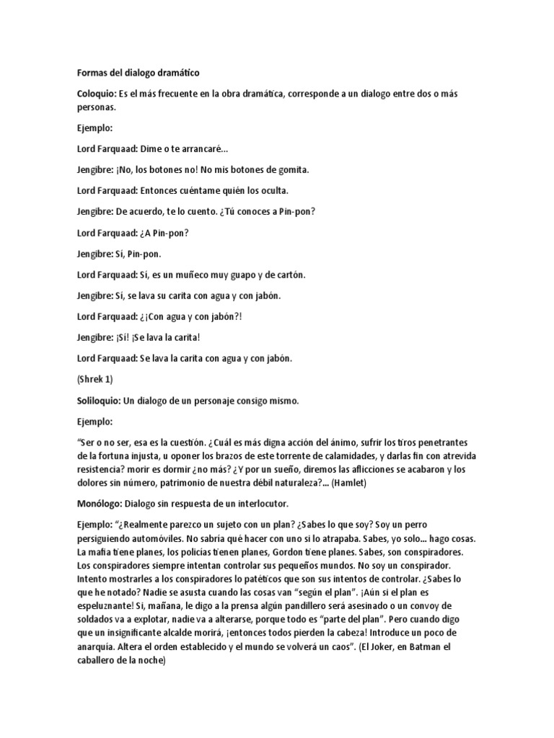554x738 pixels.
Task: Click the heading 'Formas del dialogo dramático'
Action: click(x=138, y=73)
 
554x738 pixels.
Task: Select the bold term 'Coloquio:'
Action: click(x=97, y=94)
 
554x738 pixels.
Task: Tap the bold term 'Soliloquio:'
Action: click(x=100, y=400)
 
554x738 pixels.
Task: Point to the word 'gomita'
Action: click(x=288, y=169)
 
